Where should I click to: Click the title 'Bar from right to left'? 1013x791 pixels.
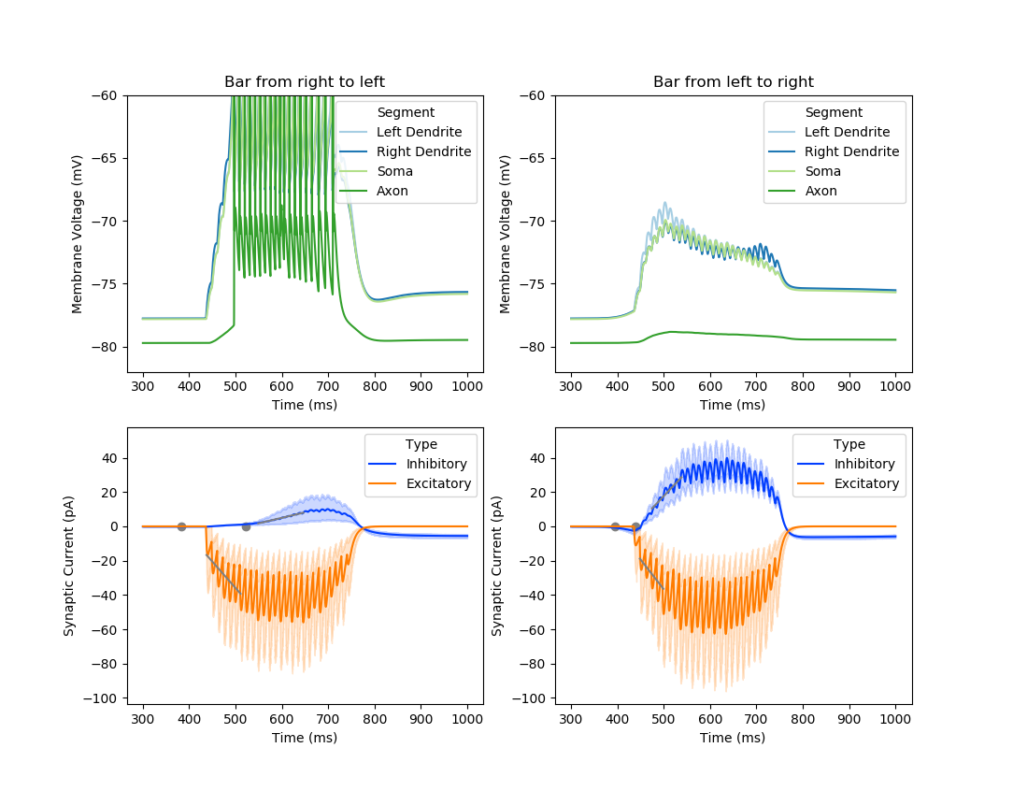pos(305,82)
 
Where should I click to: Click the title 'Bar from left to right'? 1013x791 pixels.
pos(733,82)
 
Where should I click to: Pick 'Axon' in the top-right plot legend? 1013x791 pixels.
pos(820,191)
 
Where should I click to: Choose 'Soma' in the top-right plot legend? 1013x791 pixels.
pos(823,171)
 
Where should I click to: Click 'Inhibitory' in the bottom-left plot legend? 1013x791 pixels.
pos(435,464)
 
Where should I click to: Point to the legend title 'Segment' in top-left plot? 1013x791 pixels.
pos(406,112)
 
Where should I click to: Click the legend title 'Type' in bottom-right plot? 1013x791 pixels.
pos(849,444)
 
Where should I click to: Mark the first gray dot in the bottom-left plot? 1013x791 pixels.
pos(181,526)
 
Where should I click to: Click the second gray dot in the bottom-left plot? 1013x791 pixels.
pos(246,526)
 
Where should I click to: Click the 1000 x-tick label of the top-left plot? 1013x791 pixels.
pos(467,384)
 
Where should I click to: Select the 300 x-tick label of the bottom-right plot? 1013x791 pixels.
pos(570,718)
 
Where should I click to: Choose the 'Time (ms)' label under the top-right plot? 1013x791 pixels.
pos(733,404)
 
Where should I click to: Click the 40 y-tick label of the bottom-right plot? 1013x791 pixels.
pos(539,458)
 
